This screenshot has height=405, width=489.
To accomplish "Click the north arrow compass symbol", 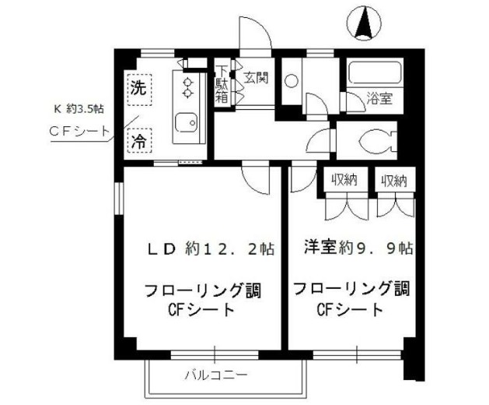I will (362, 23).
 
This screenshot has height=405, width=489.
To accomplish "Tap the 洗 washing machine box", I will (138, 87).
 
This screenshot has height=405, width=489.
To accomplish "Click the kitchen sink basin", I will (186, 123).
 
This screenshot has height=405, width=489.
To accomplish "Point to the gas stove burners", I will (187, 88).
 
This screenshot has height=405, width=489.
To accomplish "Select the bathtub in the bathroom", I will (372, 75).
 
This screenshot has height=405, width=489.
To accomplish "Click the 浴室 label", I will (379, 99).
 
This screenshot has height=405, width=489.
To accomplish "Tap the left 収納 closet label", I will (344, 181).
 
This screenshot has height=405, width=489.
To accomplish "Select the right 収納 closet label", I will (394, 181).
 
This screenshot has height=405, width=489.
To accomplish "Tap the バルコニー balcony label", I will (216, 375).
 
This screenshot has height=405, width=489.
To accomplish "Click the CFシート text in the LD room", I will (201, 310).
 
